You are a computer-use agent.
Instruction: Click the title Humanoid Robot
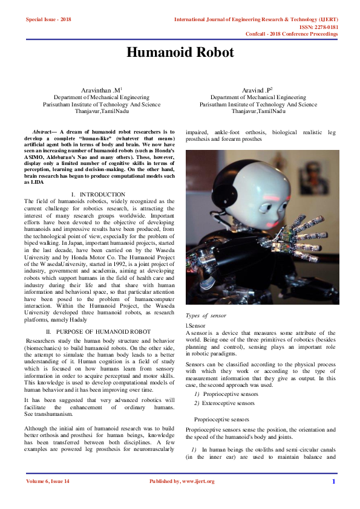(180, 53)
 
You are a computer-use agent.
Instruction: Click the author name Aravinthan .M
(105, 90)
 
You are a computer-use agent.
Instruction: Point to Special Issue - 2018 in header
(48, 19)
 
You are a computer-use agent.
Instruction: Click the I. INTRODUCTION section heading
(98, 194)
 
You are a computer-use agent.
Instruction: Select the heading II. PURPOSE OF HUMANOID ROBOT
(98, 332)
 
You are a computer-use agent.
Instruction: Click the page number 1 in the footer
(333, 481)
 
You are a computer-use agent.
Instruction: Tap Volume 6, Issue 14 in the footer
(48, 481)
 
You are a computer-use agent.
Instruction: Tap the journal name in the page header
(255, 19)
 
